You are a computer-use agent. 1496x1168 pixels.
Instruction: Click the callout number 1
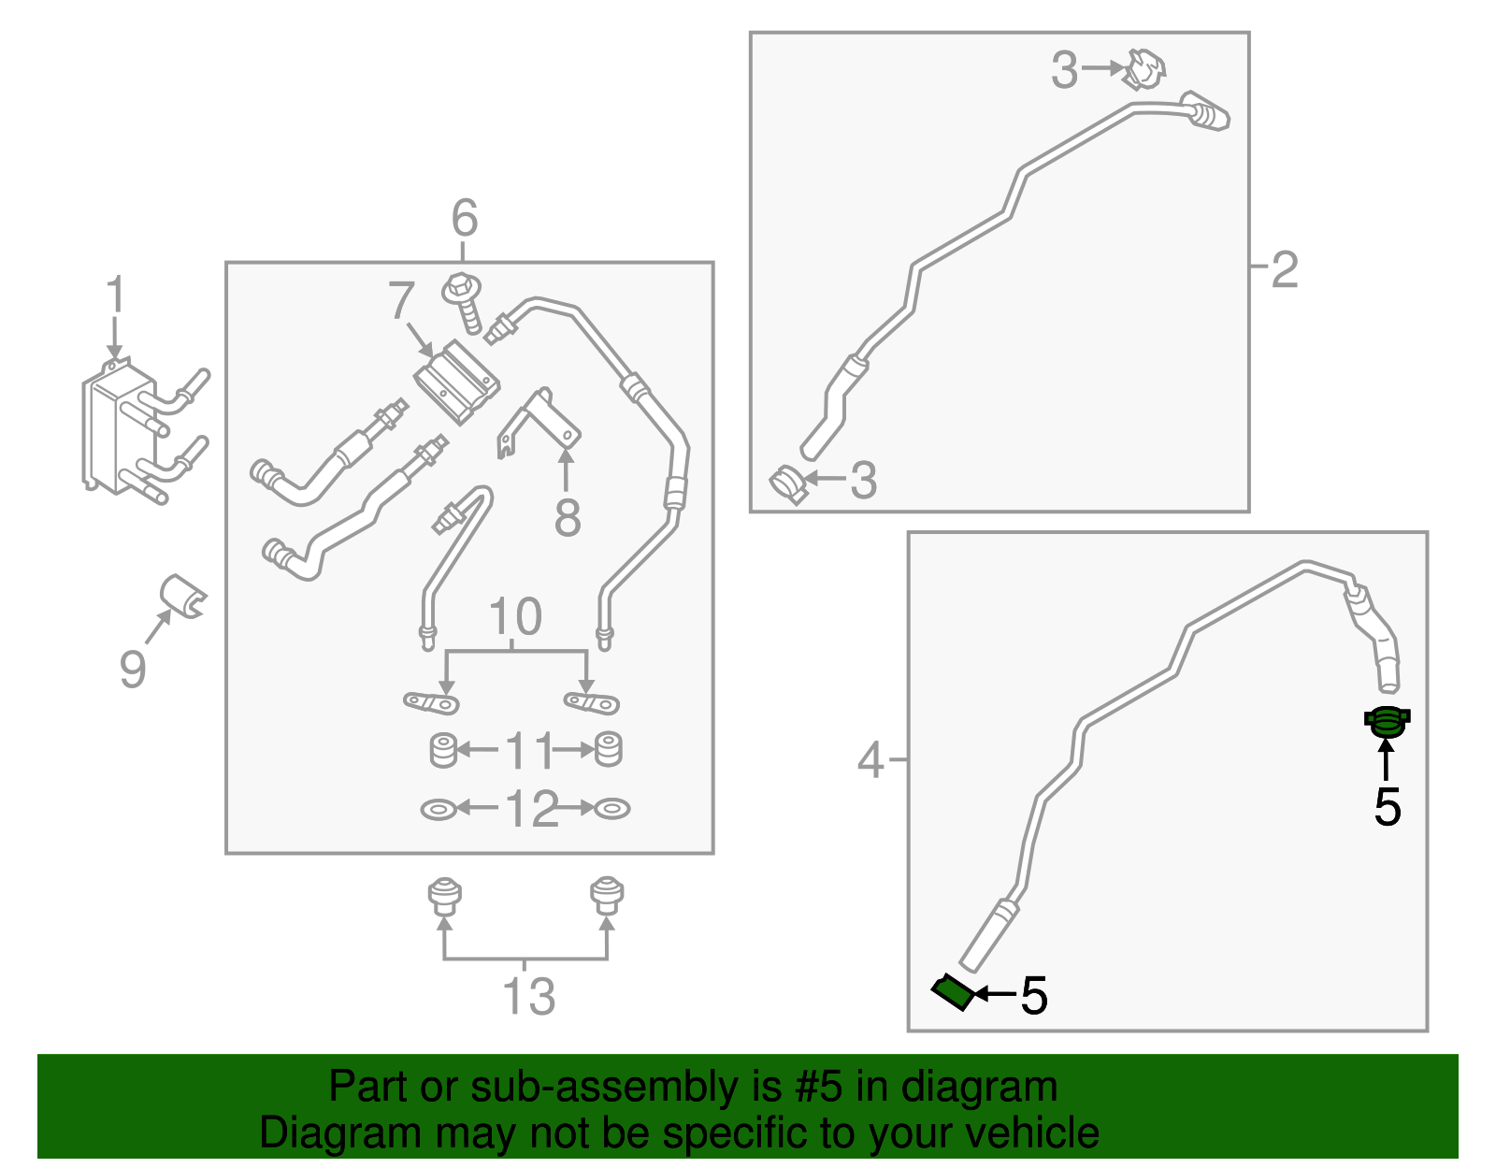click(114, 295)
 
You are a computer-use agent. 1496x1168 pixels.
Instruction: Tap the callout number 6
click(464, 219)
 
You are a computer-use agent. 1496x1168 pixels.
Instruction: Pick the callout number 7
click(401, 301)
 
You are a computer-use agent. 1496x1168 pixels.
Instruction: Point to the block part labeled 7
click(455, 382)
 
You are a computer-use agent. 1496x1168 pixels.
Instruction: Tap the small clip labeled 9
click(181, 597)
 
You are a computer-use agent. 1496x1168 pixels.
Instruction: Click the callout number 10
click(515, 617)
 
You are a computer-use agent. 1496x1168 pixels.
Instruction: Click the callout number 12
click(531, 809)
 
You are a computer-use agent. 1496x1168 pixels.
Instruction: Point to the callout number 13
click(528, 996)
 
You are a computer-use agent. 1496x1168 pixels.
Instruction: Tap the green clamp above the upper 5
click(1387, 720)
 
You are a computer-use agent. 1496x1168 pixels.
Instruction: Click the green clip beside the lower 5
click(954, 991)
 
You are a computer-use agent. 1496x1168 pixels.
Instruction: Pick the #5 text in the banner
click(820, 1087)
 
